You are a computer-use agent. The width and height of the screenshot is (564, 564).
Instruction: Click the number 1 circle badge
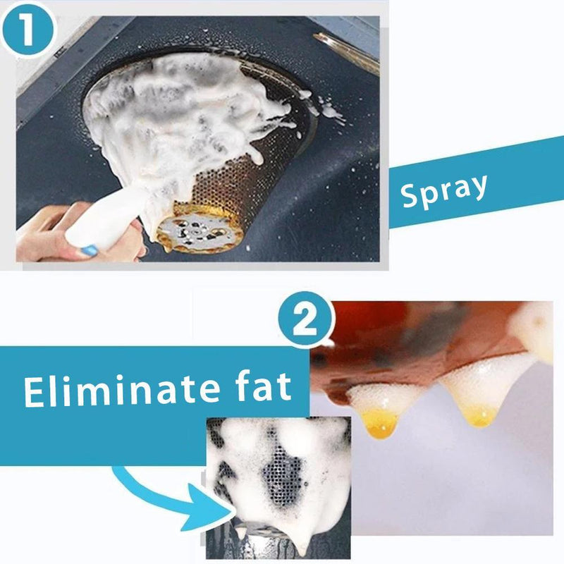[27, 30]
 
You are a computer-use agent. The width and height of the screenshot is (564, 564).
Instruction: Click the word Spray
[444, 190]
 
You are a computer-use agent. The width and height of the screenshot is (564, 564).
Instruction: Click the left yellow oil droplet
[381, 424]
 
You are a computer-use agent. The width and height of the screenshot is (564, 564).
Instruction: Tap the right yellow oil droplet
[482, 415]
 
